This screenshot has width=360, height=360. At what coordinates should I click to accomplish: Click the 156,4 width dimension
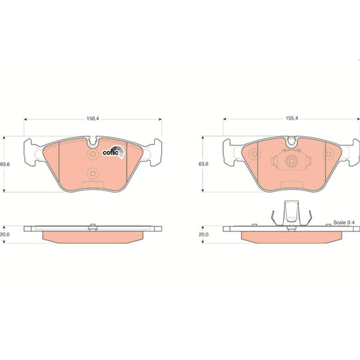point(92,119)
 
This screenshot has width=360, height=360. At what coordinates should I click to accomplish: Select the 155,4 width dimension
point(291,119)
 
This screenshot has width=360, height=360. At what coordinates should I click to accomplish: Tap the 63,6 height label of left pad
point(5,164)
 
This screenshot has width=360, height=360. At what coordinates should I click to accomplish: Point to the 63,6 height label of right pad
point(204,164)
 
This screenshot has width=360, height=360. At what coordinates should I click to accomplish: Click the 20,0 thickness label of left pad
point(5,235)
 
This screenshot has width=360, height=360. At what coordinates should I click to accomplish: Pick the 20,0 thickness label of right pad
point(204,235)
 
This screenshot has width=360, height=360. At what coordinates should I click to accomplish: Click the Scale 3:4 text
point(344,223)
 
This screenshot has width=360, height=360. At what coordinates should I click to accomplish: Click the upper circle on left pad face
point(92,154)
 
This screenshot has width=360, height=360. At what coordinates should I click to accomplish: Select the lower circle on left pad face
point(92,173)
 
